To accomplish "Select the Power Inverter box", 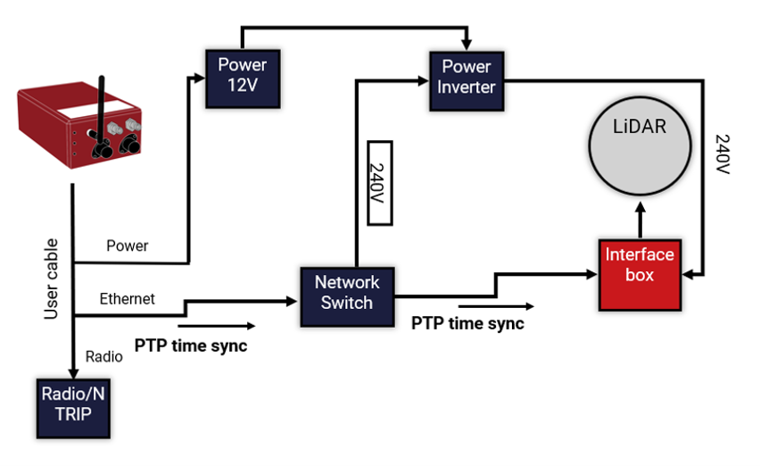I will pyautogui.click(x=467, y=77).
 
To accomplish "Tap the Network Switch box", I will pyautogui.click(x=347, y=292).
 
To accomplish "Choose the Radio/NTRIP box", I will pyautogui.click(x=72, y=407).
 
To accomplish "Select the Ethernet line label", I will pyautogui.click(x=127, y=299).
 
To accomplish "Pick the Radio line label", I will pyautogui.click(x=103, y=356).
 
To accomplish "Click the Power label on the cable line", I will pyautogui.click(x=128, y=245).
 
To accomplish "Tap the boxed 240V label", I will pyautogui.click(x=379, y=183).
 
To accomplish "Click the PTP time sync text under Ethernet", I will pyautogui.click(x=190, y=344).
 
